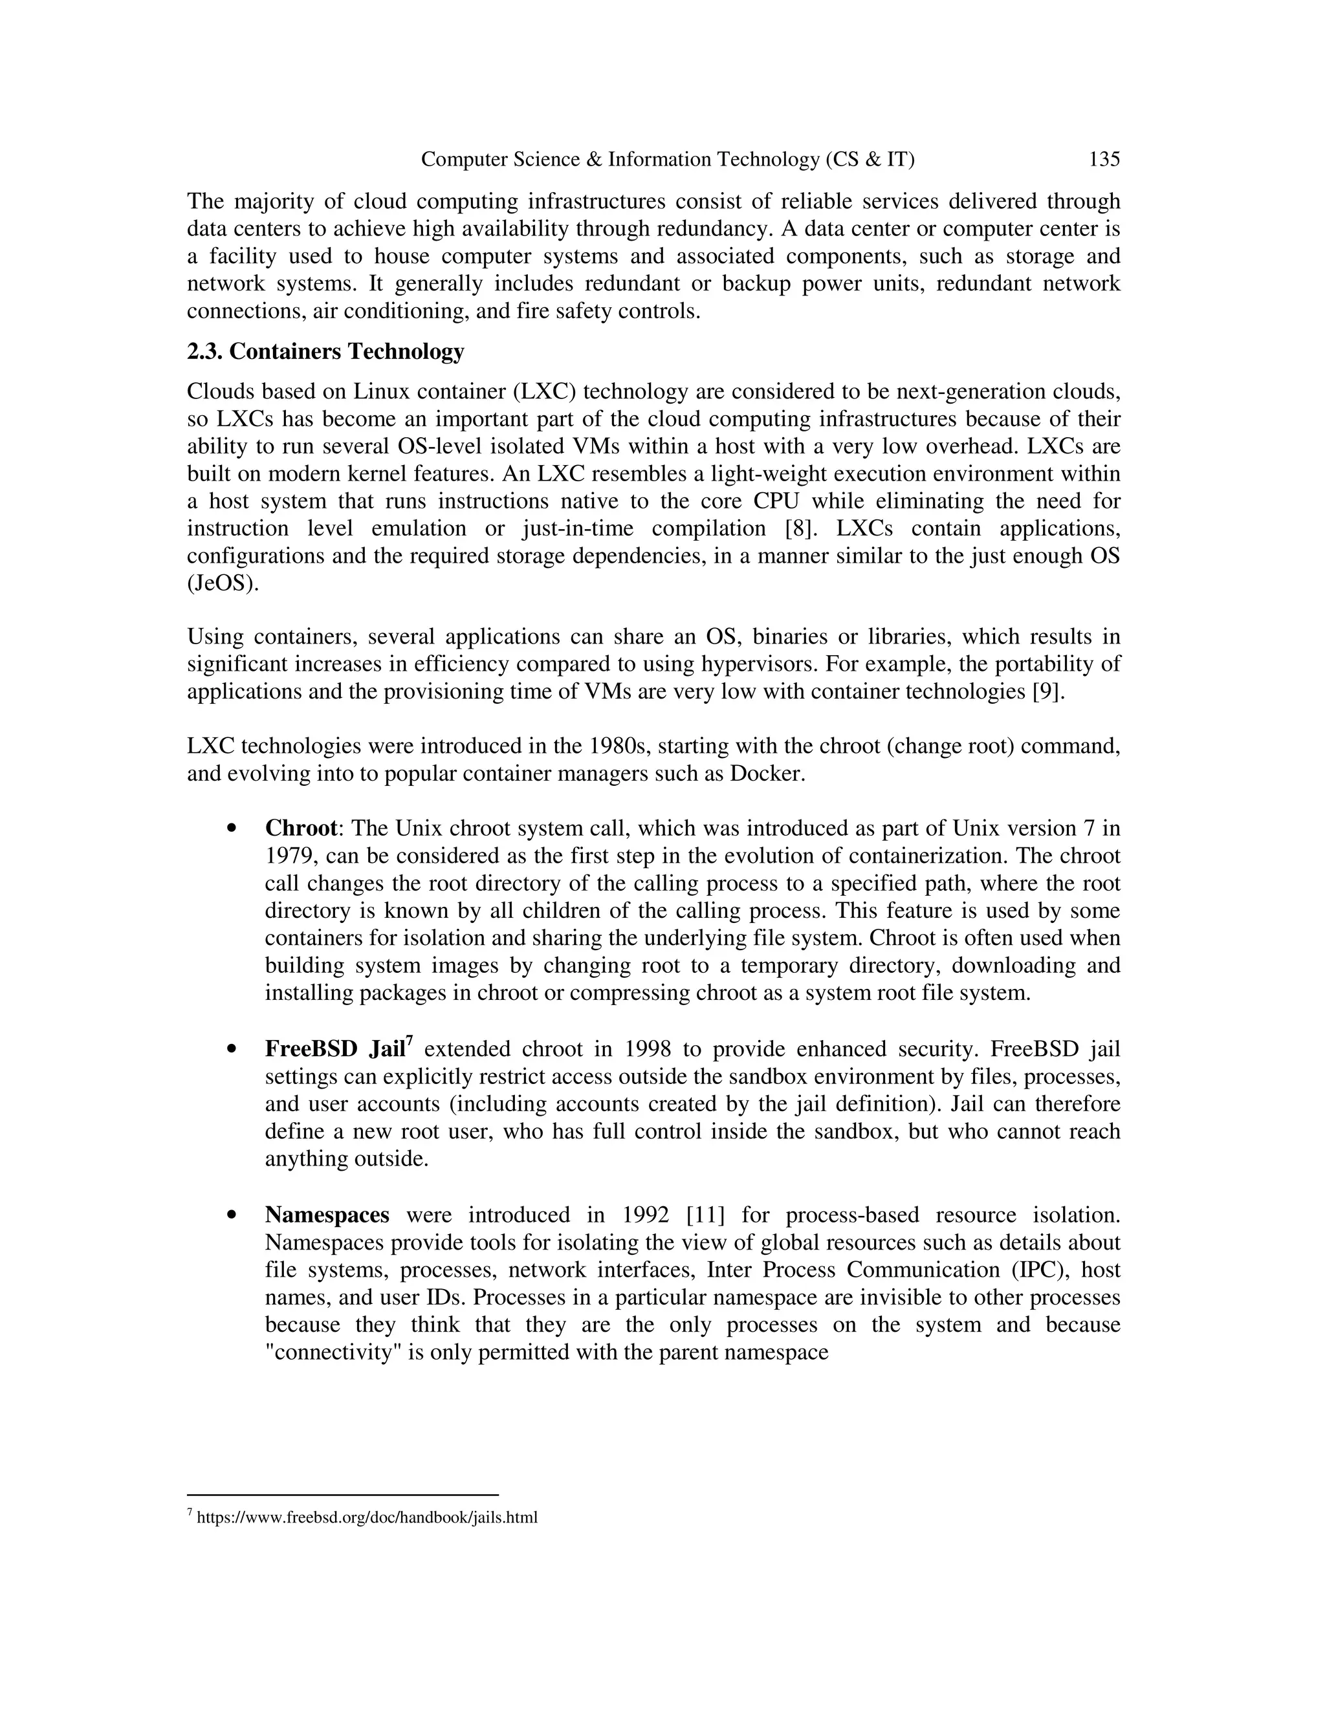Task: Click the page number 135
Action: tap(1104, 160)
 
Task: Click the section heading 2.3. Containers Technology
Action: tap(325, 352)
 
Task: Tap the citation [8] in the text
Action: tap(801, 528)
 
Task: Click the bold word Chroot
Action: tap(301, 829)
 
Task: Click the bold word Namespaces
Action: tap(327, 1215)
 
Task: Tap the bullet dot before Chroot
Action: tap(231, 829)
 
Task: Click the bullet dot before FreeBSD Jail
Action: tap(231, 1049)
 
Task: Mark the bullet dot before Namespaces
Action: tap(231, 1215)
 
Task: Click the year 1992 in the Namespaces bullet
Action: tap(645, 1215)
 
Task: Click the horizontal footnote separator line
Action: tap(343, 1495)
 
